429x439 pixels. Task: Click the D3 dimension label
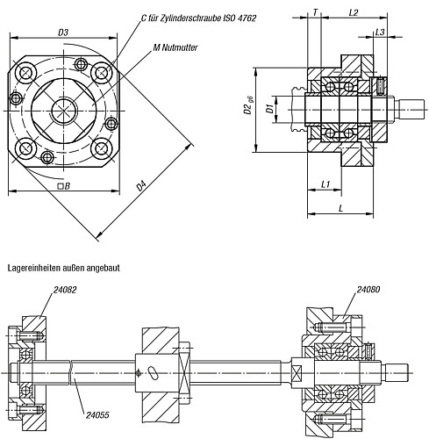pyautogui.click(x=63, y=32)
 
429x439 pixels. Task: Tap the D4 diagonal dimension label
pyautogui.click(x=141, y=186)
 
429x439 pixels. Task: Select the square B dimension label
pyautogui.click(x=64, y=186)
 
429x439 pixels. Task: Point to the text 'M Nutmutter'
pyautogui.click(x=175, y=47)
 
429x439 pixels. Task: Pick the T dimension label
pyautogui.click(x=315, y=12)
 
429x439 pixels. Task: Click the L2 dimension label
pyautogui.click(x=354, y=12)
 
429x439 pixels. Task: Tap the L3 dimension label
pyautogui.click(x=380, y=32)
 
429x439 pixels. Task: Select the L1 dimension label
pyautogui.click(x=325, y=184)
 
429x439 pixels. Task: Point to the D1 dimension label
pyautogui.click(x=269, y=109)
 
